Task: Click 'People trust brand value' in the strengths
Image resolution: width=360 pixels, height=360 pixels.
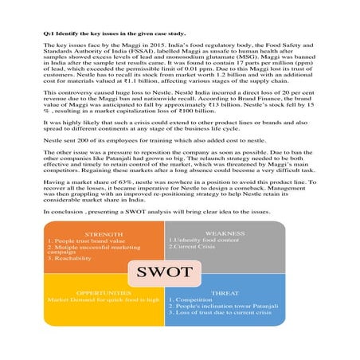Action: coord(84,241)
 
